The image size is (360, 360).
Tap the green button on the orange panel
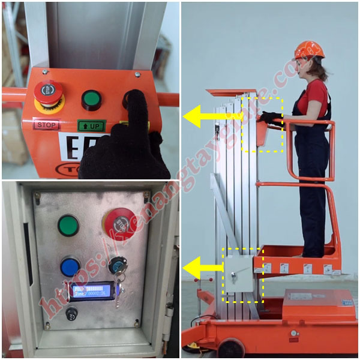[x=91, y=99]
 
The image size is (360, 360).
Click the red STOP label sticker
[x=46, y=125]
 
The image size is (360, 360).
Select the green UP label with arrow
[x=91, y=126]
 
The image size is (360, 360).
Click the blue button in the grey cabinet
[x=70, y=266]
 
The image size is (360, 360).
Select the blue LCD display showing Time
[x=91, y=292]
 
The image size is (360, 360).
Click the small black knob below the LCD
[x=72, y=313]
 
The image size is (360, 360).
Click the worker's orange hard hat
[x=308, y=50]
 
